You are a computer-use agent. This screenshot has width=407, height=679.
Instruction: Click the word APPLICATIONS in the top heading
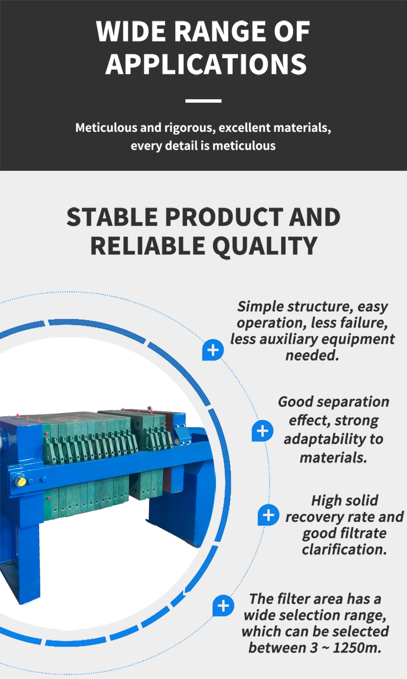coord(206,64)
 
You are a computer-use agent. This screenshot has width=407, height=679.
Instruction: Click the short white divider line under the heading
coord(203,101)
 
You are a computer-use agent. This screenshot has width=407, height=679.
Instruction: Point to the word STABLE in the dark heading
coord(112,217)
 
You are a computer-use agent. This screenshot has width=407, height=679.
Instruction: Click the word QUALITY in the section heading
coord(265,246)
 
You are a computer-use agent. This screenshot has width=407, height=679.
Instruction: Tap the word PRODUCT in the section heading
coord(224,217)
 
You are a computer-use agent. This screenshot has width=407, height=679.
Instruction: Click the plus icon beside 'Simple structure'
coord(213,350)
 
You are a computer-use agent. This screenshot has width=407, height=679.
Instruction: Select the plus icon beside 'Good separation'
coord(262,431)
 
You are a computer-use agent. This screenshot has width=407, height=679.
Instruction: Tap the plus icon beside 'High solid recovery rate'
coord(268,515)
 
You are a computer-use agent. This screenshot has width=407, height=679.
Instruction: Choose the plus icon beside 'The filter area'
coord(223,606)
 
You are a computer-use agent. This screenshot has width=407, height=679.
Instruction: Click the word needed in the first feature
coord(312,355)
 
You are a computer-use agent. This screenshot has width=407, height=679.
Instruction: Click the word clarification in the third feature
coord(344,549)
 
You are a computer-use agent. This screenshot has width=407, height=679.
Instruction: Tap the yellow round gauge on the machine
coord(20,481)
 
